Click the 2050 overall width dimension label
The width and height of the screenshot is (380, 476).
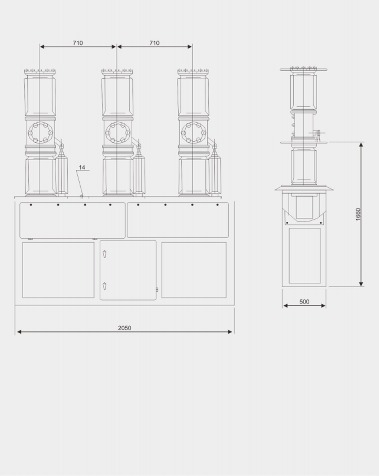click(x=124, y=328)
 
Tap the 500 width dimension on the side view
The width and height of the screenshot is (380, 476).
click(x=304, y=302)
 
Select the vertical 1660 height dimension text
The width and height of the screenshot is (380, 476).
click(x=358, y=215)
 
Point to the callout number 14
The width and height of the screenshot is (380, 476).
click(x=82, y=168)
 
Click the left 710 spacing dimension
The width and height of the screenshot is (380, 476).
click(x=78, y=43)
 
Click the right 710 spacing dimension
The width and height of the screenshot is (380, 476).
click(x=154, y=43)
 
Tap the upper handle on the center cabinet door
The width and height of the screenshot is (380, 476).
click(x=105, y=254)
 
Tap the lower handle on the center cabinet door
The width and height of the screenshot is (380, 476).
click(x=105, y=286)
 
